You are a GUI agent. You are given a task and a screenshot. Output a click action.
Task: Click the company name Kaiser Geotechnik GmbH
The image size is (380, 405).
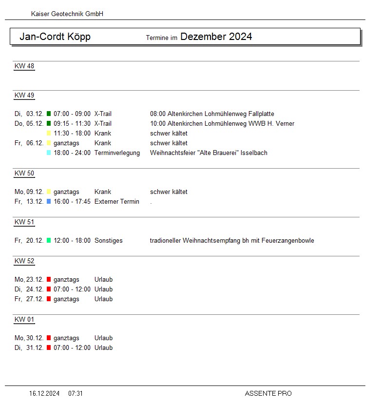[67, 14]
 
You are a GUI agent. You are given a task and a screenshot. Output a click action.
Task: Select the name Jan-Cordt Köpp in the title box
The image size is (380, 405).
[55, 37]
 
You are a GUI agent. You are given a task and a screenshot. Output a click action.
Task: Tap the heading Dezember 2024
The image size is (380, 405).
[216, 37]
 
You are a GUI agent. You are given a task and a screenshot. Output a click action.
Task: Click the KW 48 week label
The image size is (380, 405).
[24, 66]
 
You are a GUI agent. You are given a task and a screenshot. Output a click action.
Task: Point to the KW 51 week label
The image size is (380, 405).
[24, 222]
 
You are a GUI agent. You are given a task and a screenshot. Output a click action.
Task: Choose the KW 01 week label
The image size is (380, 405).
[24, 320]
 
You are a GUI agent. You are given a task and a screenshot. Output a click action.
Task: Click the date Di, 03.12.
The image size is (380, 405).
[29, 114]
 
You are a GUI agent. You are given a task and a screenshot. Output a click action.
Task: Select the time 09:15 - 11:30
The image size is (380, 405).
[72, 124]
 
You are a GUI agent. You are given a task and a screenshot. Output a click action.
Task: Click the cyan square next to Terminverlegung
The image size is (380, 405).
[49, 153]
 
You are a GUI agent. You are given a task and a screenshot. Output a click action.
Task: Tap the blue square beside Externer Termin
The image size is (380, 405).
[49, 202]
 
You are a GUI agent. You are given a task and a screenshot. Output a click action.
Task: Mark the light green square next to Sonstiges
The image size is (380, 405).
[49, 241]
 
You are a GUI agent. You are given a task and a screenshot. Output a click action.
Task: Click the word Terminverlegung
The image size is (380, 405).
[117, 153]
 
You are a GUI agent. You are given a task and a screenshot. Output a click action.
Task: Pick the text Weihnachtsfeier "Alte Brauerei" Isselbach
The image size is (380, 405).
[209, 153]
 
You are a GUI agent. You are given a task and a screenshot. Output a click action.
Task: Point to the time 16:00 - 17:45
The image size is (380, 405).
[72, 202]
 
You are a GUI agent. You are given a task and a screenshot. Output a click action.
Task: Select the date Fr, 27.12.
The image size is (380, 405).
[29, 299]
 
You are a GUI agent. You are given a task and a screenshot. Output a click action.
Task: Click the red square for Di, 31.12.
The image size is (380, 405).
[49, 348]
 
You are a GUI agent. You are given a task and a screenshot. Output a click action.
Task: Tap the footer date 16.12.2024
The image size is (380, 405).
[44, 393]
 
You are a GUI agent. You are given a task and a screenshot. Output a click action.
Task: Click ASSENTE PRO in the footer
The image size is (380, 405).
[268, 393]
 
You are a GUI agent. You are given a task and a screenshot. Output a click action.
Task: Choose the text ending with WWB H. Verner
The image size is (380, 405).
[222, 124]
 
